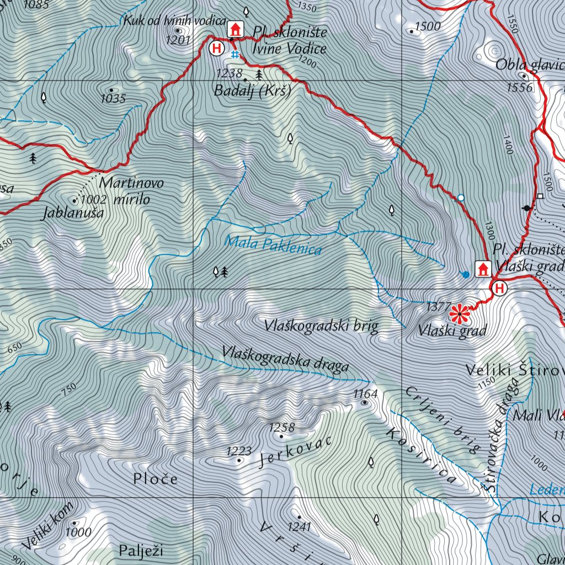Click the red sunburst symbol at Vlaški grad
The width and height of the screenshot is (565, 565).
coord(459,314)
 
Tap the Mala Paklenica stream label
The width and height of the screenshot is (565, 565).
coord(274,245)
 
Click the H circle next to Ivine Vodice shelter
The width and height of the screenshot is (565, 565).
coord(217,48)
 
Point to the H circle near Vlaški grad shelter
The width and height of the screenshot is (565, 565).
coord(499,287)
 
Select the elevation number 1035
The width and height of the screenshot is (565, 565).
coord(113,99)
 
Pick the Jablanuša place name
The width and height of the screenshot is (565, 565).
coord(73,213)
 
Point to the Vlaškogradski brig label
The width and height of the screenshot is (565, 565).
coord(321,326)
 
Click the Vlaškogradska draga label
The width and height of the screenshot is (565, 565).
coord(285,359)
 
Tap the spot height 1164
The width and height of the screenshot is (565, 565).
coord(365,393)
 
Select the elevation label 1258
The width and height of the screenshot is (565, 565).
coord(281,428)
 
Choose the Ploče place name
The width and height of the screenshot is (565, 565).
coord(155,479)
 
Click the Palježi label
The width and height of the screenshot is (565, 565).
coord(141,550)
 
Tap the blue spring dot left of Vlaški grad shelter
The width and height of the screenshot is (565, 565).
coord(466,274)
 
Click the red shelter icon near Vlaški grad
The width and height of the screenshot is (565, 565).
coord(483,269)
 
